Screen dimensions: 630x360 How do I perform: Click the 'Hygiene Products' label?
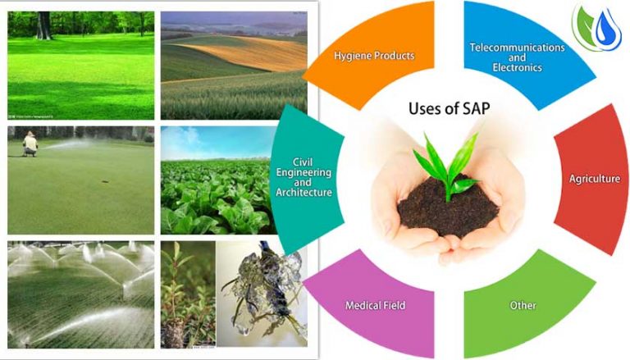pos(374,56)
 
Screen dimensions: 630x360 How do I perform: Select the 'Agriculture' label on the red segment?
pos(594,179)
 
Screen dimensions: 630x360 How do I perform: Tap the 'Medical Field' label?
pos(375,305)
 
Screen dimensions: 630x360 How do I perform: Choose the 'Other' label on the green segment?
pos(523,305)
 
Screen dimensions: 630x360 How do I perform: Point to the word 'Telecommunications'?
pos(517,48)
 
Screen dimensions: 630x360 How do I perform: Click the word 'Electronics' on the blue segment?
pos(517,67)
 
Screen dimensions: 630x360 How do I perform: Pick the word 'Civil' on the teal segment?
pos(303,162)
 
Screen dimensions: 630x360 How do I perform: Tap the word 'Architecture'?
pos(304,193)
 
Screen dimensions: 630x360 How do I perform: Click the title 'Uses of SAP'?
pos(450,108)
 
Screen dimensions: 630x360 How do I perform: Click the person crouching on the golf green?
pos(30,144)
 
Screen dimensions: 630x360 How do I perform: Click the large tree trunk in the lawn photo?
pos(43,25)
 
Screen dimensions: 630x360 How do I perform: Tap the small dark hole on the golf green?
pos(105,181)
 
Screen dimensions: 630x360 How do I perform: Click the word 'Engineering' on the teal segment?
pos(304,173)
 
